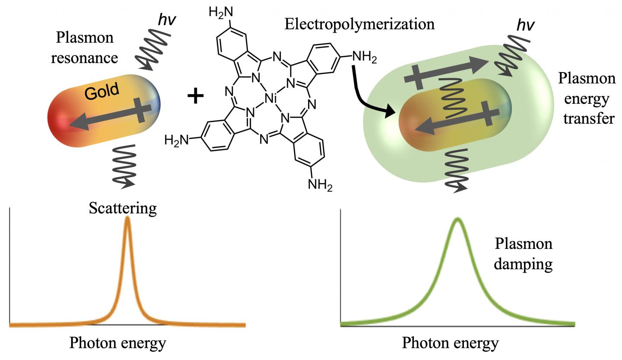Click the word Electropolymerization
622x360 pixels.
coord(359,24)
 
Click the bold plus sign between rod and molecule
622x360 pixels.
coord(196,96)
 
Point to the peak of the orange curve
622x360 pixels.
coord(127,219)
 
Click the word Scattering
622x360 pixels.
coord(123,208)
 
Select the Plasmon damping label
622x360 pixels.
coord(523,254)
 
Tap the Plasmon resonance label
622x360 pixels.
coord(85,48)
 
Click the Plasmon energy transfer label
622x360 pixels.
coord(587,98)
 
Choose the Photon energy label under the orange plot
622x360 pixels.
coord(118,343)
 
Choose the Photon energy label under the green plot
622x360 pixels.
coord(451,344)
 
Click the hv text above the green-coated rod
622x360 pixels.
coord(526,26)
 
